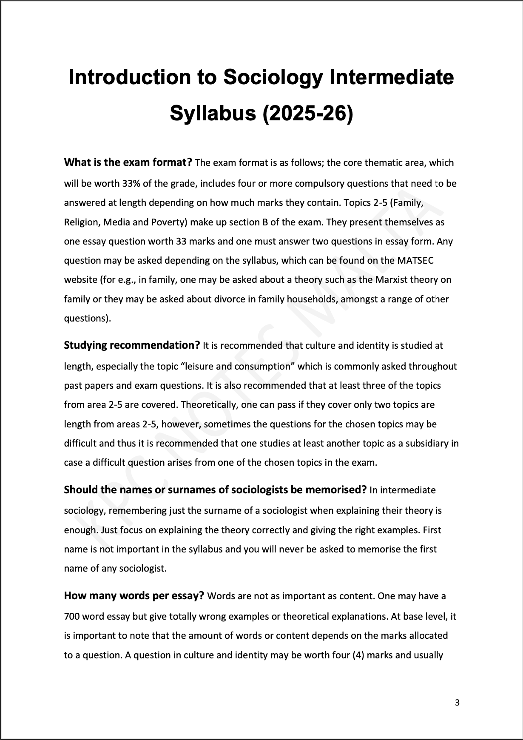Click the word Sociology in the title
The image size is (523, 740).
click(x=272, y=78)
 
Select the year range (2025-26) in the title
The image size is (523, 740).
click(x=308, y=114)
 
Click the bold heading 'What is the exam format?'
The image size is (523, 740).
click(x=128, y=162)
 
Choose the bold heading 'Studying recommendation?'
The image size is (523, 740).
click(x=132, y=345)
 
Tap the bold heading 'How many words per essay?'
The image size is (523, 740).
click(x=134, y=595)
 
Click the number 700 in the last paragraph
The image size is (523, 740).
click(x=71, y=616)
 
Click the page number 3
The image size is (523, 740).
click(x=457, y=703)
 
